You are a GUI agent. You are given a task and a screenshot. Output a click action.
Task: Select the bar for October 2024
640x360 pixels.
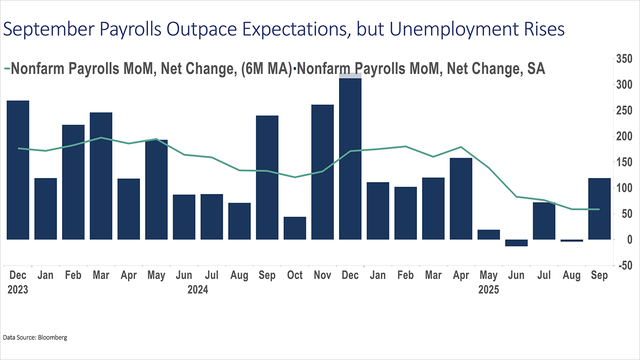tap(294, 228)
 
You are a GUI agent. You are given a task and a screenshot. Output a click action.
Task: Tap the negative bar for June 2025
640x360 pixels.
tap(516, 243)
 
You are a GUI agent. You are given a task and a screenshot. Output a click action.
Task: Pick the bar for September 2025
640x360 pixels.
tap(599, 208)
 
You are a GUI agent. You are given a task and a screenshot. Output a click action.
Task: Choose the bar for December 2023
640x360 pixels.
tap(17, 170)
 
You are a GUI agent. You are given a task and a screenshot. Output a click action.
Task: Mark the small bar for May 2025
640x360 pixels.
tap(488, 234)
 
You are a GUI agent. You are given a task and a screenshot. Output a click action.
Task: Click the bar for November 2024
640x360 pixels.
tap(322, 172)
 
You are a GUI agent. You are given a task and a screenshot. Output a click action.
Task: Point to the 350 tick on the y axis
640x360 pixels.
tap(623, 59)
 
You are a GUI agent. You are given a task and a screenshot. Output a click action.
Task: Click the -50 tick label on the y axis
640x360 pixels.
tap(623, 265)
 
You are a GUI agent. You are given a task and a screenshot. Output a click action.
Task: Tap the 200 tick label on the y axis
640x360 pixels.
tap(623, 136)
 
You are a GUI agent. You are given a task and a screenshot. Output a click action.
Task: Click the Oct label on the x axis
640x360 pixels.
tap(294, 275)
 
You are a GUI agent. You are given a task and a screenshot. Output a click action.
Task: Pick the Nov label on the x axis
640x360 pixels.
tap(322, 275)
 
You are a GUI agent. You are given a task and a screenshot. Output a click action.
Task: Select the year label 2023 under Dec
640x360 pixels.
tap(17, 289)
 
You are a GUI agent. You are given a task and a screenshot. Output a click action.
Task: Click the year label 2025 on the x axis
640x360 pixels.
tap(488, 289)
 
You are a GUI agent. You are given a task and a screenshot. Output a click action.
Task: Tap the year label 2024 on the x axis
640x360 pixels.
tap(197, 289)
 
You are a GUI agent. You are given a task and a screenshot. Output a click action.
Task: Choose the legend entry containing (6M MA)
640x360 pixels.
tap(150, 69)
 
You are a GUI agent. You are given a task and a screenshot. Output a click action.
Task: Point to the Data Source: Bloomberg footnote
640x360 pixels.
tap(35, 337)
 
